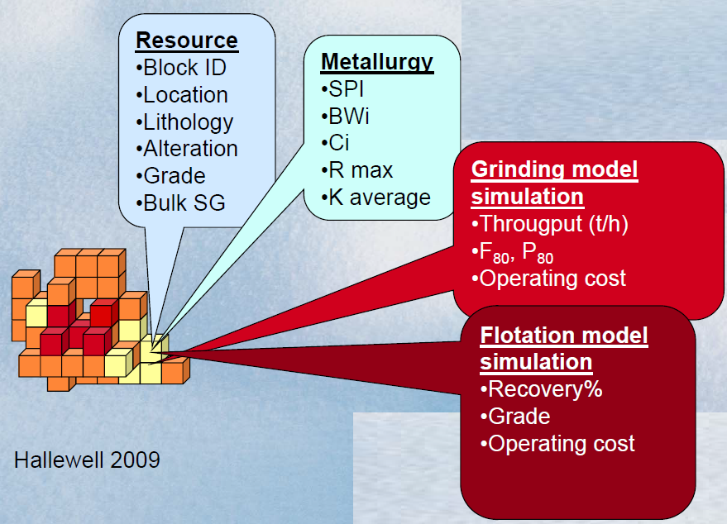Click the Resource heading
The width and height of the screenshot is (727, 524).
(x=187, y=40)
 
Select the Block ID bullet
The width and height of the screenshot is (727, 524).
(x=181, y=68)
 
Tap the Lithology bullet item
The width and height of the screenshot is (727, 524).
(x=184, y=123)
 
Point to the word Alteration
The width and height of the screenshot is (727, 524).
(x=190, y=149)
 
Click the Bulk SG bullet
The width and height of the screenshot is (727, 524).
(x=180, y=203)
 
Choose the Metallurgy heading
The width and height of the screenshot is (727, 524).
(x=377, y=63)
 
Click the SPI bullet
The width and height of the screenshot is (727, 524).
(x=342, y=89)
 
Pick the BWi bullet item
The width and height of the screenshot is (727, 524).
(x=345, y=117)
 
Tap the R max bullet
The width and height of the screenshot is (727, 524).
(x=357, y=170)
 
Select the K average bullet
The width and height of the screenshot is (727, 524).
(x=376, y=198)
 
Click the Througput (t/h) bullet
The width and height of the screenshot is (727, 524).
(x=550, y=224)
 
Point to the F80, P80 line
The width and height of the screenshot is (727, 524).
(x=512, y=253)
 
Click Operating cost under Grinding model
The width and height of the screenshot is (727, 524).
(x=548, y=279)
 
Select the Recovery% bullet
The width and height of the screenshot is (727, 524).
(x=542, y=389)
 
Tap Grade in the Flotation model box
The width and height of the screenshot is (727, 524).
(x=515, y=417)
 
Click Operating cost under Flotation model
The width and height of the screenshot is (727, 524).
(x=557, y=444)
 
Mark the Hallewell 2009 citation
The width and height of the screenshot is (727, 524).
(x=87, y=460)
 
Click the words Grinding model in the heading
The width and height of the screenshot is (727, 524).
(x=554, y=169)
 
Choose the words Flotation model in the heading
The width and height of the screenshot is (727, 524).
(x=564, y=336)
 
